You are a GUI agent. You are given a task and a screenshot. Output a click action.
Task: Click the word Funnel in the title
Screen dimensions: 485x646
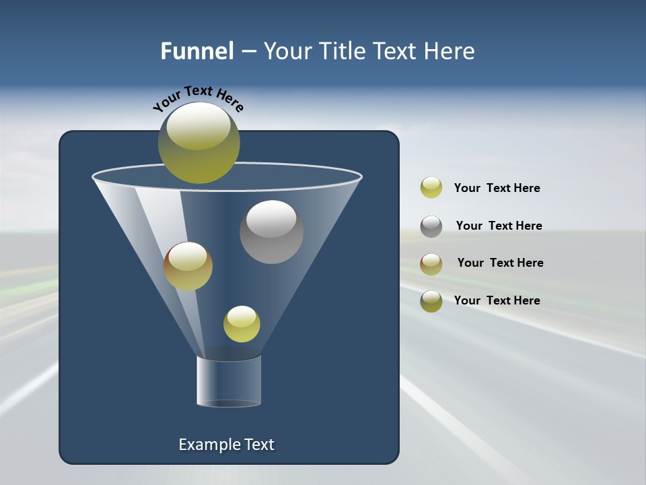[x=196, y=51]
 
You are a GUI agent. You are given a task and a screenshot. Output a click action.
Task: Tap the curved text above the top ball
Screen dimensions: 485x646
[x=199, y=98]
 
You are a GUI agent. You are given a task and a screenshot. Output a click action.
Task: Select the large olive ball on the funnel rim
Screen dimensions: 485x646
[x=199, y=143]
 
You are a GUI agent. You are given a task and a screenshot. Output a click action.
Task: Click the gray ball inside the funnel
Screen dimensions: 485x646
[x=271, y=232]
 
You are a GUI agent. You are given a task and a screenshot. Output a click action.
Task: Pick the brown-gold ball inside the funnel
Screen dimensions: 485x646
[x=188, y=266]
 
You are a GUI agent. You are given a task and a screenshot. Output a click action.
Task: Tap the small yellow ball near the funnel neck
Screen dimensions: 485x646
[x=242, y=324]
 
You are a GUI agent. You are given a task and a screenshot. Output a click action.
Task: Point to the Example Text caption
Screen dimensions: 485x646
[x=227, y=445]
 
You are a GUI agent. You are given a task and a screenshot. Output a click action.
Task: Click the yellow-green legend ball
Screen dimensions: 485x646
[x=431, y=188]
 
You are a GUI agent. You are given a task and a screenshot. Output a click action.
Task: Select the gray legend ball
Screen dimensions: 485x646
[x=431, y=226]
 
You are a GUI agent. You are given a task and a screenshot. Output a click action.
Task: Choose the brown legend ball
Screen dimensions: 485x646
[x=431, y=263]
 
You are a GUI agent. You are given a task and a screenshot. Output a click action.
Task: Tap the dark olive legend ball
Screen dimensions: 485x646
[x=431, y=301]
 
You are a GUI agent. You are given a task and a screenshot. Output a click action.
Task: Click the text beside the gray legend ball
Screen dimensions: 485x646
[x=499, y=226]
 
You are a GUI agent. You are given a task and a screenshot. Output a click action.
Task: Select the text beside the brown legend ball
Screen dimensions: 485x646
[x=500, y=263]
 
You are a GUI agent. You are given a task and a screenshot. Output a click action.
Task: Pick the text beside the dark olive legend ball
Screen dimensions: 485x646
[x=497, y=300]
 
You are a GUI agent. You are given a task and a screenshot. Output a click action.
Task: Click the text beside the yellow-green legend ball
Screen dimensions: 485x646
[x=497, y=188]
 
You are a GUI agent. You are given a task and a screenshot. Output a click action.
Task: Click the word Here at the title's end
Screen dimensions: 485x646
[x=450, y=51]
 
